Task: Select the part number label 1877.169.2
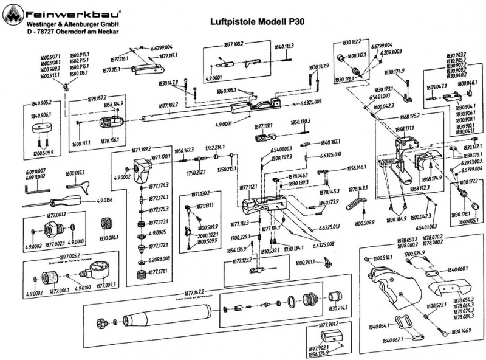pos(142,148)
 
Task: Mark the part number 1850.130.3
pos(300,121)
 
